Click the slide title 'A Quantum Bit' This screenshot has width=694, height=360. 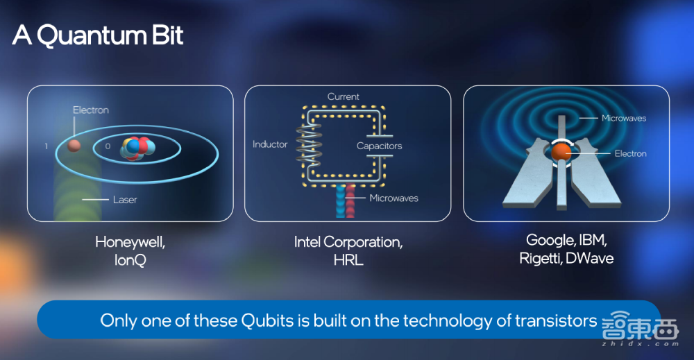[98, 35]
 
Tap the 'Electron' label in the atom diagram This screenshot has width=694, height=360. [91, 110]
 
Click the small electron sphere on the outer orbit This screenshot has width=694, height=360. [74, 146]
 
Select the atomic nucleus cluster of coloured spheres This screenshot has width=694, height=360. [137, 148]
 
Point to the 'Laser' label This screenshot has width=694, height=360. [125, 200]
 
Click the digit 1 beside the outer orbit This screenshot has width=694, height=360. [46, 146]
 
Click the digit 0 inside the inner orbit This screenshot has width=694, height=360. [108, 146]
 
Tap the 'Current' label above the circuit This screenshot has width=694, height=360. [343, 96]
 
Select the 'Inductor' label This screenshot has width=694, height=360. [270, 144]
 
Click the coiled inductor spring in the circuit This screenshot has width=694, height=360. [309, 142]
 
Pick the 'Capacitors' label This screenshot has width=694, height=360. [380, 146]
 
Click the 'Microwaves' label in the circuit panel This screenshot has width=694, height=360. [394, 198]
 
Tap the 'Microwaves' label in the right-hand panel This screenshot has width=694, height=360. [624, 118]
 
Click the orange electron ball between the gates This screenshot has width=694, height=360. [561, 152]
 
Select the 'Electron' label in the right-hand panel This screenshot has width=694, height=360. [630, 153]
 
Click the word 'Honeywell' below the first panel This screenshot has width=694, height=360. [130, 242]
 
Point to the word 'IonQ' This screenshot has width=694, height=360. [130, 260]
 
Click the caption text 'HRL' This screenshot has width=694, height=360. [348, 260]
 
